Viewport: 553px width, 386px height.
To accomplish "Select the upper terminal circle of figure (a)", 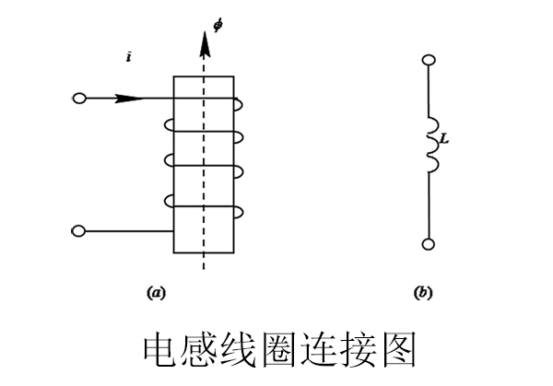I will pyautogui.click(x=78, y=98).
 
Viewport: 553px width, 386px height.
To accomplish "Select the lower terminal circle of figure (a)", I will pyautogui.click(x=78, y=229).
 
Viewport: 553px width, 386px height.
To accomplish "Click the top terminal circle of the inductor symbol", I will pyautogui.click(x=427, y=61).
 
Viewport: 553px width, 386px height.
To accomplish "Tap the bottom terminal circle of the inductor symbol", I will pyautogui.click(x=427, y=244).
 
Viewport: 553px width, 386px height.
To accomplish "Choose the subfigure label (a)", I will pyautogui.click(x=156, y=293).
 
